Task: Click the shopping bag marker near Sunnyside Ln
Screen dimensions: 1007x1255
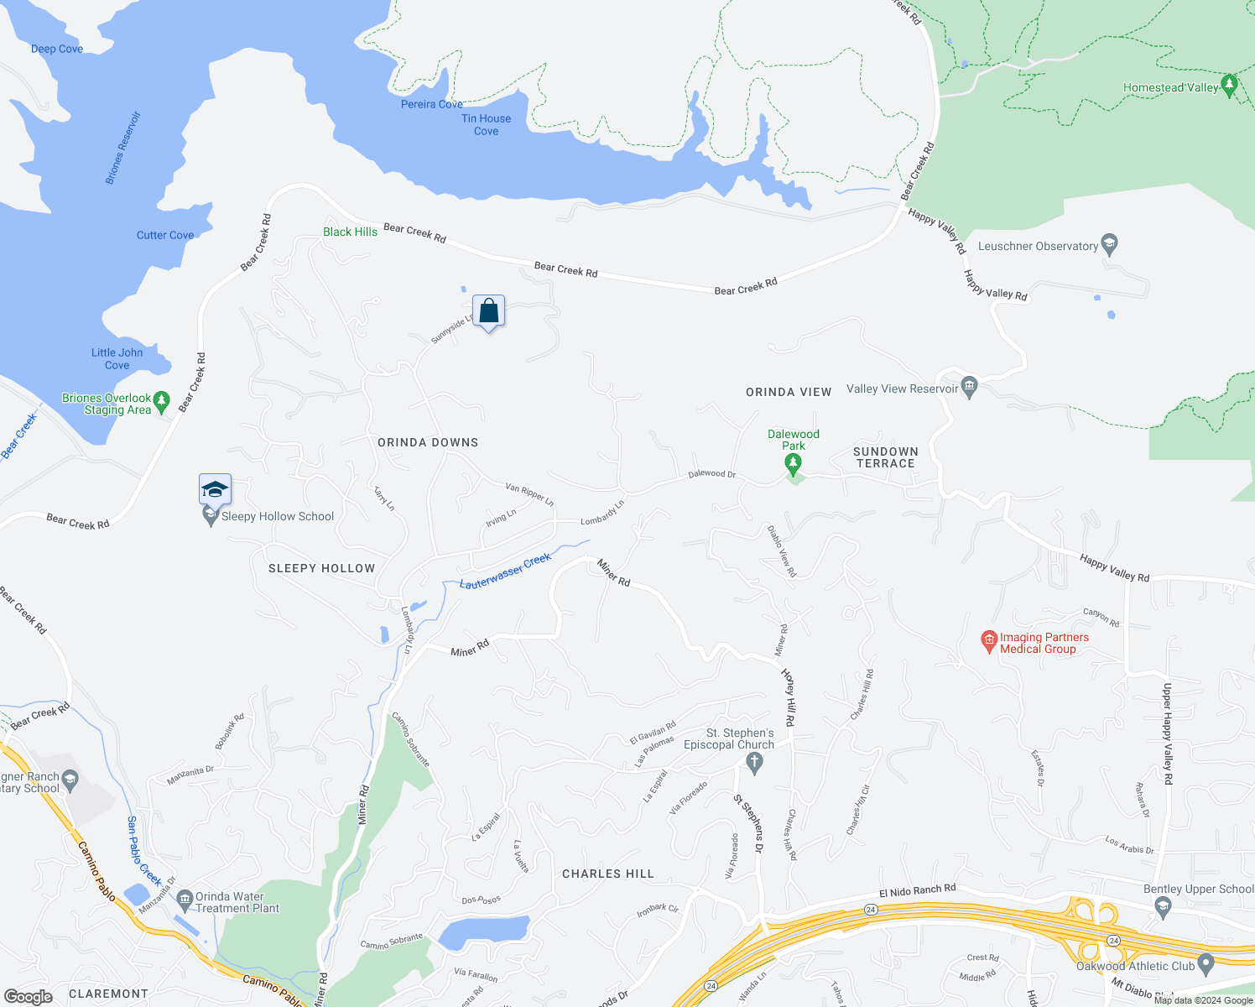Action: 488,312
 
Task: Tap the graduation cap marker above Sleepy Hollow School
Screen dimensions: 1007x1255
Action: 215,489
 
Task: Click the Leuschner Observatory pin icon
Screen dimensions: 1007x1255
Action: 1110,245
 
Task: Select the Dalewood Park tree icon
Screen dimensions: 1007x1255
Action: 793,463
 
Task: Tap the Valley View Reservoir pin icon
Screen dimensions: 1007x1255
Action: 970,388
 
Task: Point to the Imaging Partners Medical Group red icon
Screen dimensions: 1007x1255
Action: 989,643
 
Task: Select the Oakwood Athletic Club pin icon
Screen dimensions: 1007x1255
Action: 1206,965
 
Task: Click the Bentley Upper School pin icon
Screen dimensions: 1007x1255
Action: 1163,906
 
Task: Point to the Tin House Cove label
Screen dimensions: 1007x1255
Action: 486,125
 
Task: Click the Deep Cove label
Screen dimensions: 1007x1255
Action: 57,49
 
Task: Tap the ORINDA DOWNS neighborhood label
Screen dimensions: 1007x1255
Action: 428,442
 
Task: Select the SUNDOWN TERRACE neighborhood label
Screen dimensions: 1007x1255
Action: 886,457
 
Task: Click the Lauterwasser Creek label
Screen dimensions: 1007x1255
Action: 505,571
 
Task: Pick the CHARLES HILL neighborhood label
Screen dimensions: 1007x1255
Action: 607,874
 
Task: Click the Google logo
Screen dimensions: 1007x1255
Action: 28,996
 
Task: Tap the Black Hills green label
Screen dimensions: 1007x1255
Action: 350,232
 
